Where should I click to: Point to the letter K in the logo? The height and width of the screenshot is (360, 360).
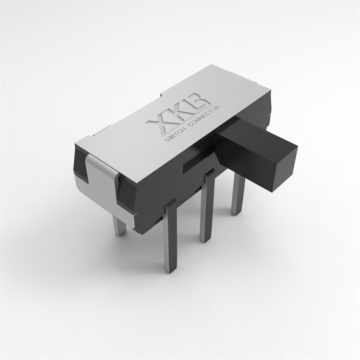click(180, 115)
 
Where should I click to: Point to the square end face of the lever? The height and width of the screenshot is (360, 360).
click(284, 167)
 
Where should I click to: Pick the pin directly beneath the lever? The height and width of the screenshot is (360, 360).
click(239, 194)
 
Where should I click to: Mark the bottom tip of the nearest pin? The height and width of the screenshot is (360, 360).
click(169, 270)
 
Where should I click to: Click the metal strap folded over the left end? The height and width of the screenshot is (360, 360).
click(102, 182)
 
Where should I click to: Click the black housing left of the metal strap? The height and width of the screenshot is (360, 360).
click(80, 166)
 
